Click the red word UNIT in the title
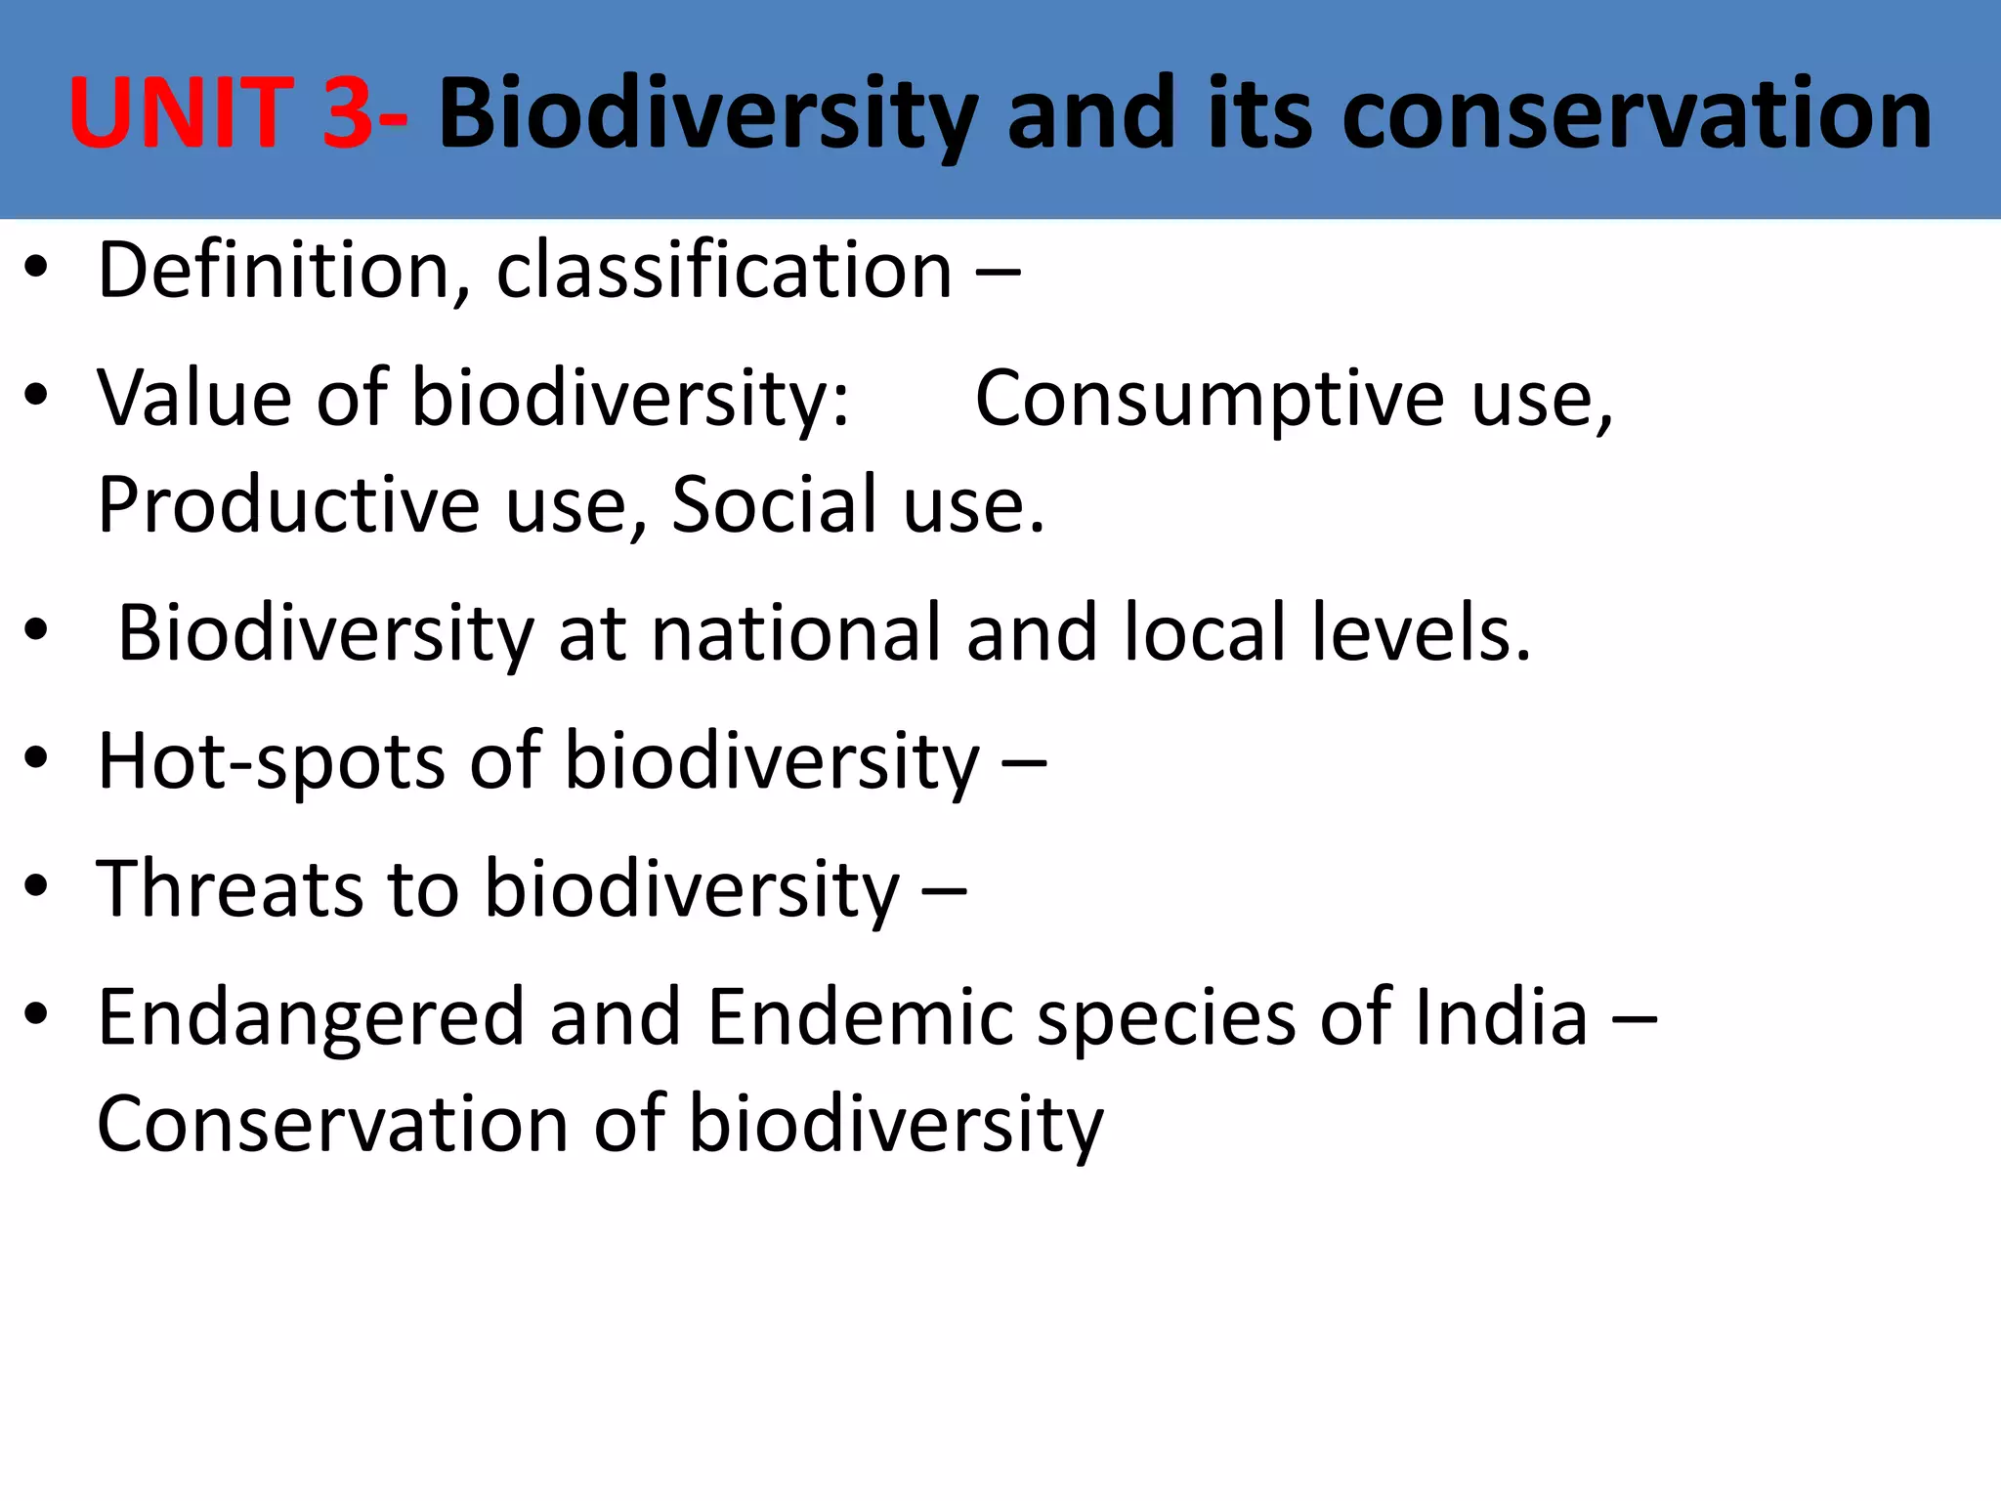[182, 114]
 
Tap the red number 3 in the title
[347, 114]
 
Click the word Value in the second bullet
[194, 398]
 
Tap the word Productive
[289, 505]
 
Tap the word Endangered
[312, 1018]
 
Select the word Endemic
[861, 1018]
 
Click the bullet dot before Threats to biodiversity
[36, 887]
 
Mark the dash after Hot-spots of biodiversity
[1024, 763]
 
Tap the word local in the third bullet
[1204, 633]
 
